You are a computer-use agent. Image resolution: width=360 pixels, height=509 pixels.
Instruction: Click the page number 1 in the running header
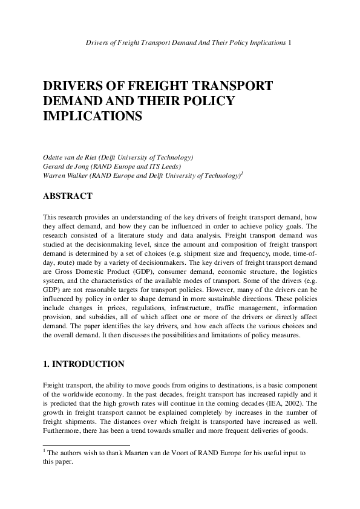click(x=292, y=43)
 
